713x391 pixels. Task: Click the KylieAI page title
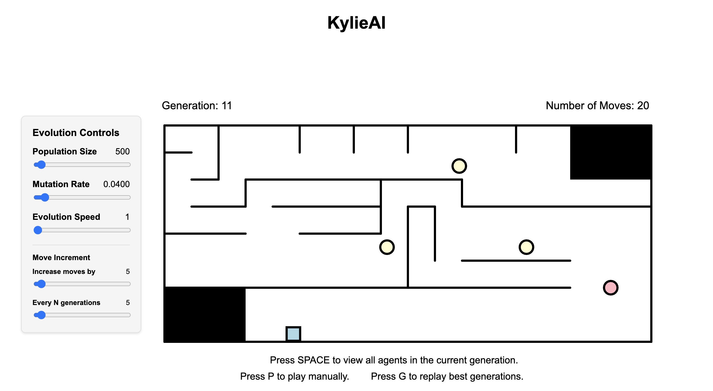(356, 23)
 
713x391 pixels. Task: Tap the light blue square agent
(293, 333)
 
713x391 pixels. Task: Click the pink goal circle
(610, 287)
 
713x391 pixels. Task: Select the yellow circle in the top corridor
(459, 166)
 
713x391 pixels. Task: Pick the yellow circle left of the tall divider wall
(387, 247)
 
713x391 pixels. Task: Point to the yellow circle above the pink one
(526, 247)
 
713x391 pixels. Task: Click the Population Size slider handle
(41, 165)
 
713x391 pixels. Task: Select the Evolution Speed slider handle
(38, 230)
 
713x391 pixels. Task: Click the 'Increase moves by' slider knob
(41, 284)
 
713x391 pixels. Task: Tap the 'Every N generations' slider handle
(41, 315)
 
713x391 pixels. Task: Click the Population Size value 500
(122, 151)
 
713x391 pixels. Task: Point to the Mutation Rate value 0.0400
(116, 184)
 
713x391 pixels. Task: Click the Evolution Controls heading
(76, 133)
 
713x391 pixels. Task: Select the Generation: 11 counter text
(197, 105)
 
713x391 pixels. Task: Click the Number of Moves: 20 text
(597, 105)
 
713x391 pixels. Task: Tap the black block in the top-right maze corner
(610, 152)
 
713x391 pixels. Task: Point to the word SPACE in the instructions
(313, 360)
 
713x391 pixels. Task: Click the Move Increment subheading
(61, 258)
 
